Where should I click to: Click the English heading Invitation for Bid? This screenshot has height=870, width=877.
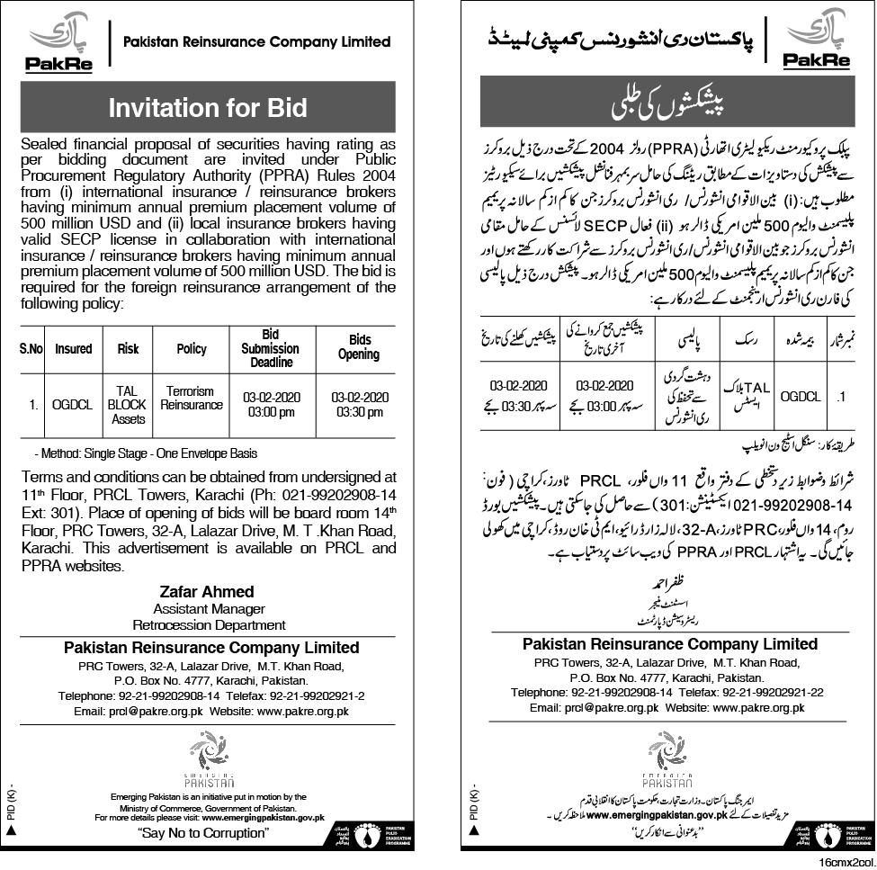[208, 107]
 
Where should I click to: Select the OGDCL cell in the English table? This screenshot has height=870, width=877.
[73, 405]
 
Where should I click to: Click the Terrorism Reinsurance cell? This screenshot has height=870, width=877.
[192, 399]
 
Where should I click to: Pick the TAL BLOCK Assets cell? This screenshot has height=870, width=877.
[126, 405]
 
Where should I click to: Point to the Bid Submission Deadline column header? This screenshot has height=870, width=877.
[271, 348]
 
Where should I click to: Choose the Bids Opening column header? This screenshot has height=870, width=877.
[358, 348]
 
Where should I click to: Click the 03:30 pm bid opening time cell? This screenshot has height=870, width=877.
[359, 405]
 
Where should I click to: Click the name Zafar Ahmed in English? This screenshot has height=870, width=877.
[208, 592]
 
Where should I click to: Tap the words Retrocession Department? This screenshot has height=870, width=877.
[208, 624]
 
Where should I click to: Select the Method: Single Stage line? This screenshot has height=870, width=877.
[145, 453]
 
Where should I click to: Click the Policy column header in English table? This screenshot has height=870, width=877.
[192, 348]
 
